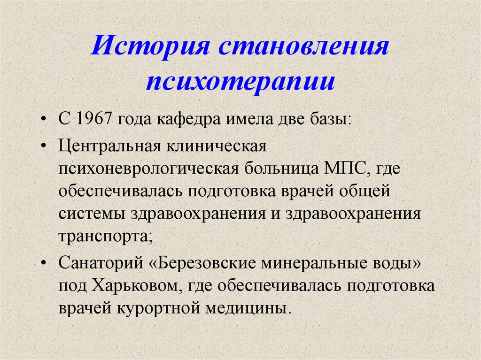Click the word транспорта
click(x=105, y=236)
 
